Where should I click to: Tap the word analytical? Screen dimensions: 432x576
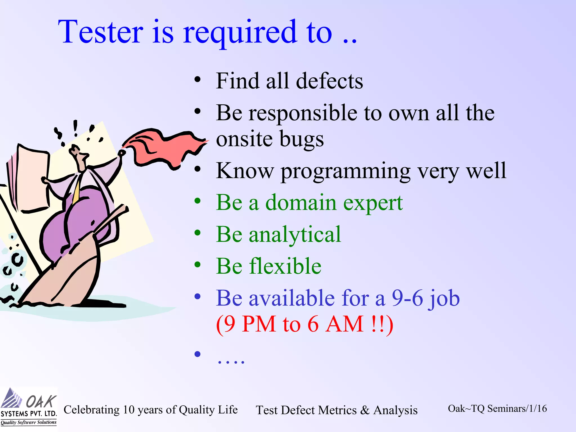[x=295, y=235]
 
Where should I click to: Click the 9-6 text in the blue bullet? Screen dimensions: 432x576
[x=408, y=298]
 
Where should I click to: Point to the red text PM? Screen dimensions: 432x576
[x=259, y=324]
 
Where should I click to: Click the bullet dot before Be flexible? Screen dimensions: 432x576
[x=197, y=265]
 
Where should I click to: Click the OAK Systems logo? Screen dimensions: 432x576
[x=29, y=406]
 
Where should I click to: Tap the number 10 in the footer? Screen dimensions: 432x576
[x=129, y=409]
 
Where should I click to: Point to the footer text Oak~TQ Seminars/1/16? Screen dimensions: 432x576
[x=497, y=408]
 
